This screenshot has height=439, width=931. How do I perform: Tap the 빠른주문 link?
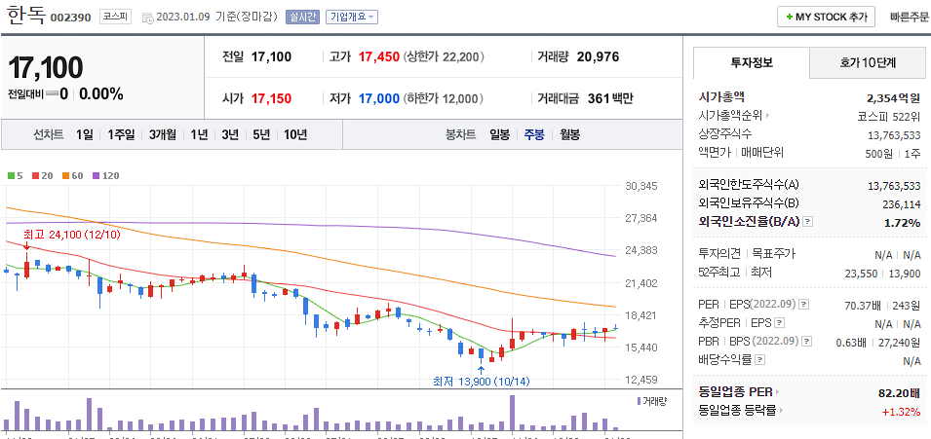(x=910, y=17)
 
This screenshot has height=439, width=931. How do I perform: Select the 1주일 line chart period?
(x=123, y=134)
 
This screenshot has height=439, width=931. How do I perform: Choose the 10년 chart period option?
(x=295, y=134)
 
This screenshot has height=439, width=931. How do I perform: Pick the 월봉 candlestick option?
(x=569, y=134)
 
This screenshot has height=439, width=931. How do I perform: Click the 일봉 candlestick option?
(x=499, y=134)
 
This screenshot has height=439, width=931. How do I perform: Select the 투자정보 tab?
(x=751, y=62)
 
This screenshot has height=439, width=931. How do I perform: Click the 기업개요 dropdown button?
(x=352, y=17)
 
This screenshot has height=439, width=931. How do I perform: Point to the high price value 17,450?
(x=379, y=56)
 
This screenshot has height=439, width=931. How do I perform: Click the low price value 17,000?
(x=379, y=98)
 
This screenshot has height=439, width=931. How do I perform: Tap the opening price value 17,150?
(x=271, y=98)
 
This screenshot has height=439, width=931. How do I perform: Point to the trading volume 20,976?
(x=598, y=56)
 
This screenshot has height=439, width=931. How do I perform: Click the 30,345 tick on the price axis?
(x=641, y=186)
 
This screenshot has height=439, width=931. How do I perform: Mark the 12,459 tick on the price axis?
(x=641, y=380)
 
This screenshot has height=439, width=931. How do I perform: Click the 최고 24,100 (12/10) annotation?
(x=72, y=235)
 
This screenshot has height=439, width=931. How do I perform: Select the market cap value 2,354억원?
(x=893, y=97)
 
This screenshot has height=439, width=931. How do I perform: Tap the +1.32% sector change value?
(x=901, y=411)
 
